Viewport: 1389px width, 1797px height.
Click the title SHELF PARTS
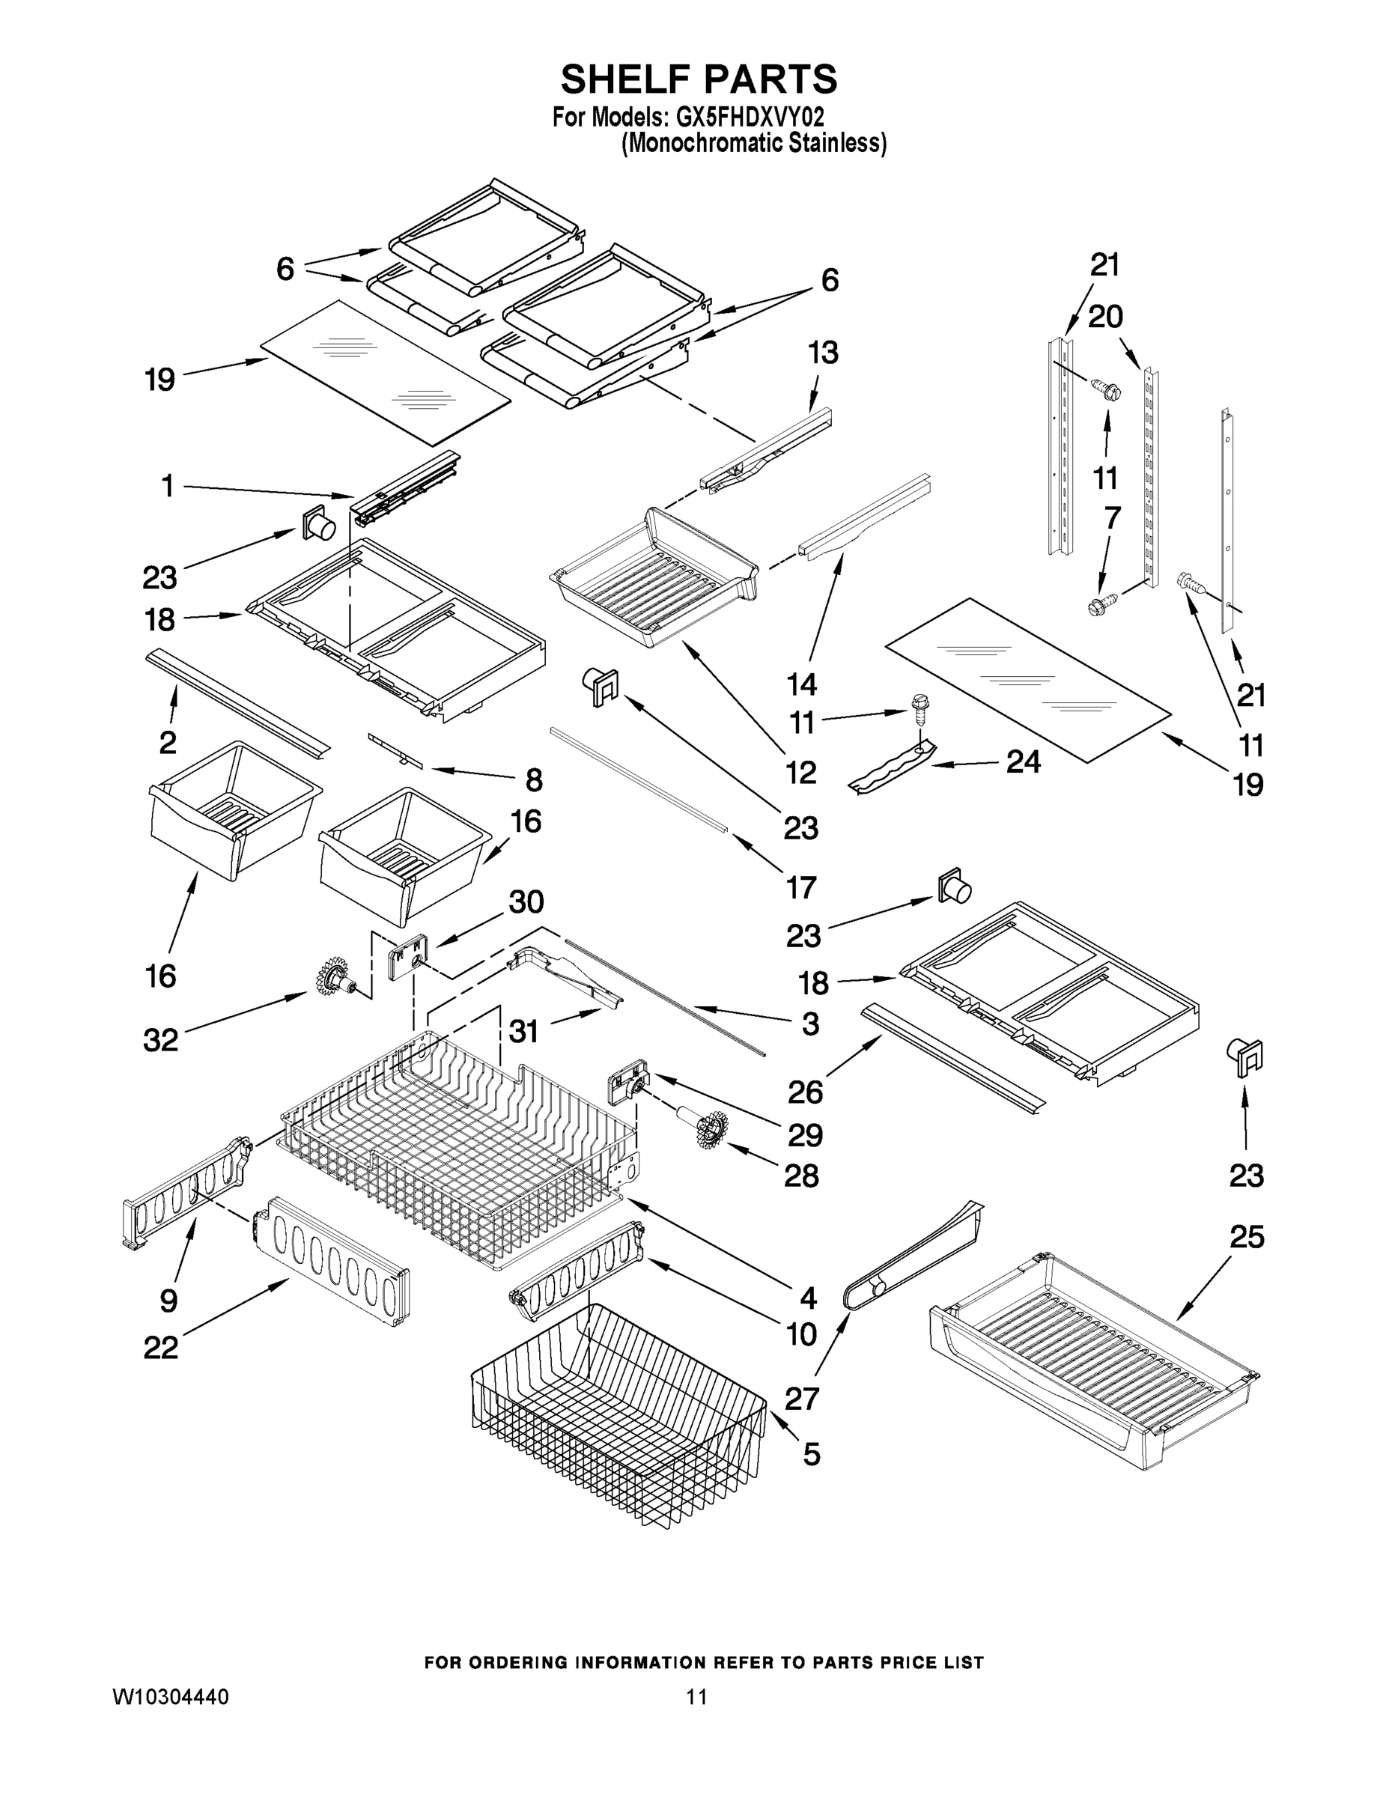coord(699,80)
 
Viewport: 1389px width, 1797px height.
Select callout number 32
coord(160,1040)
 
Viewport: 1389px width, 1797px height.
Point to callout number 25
coord(1246,1237)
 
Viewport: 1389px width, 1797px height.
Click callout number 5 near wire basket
coord(810,1454)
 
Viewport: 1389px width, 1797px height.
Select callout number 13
coord(822,352)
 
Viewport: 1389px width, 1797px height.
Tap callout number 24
coord(1023,762)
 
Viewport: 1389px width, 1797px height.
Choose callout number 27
coord(801,1398)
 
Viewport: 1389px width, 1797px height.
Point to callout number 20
coord(1105,316)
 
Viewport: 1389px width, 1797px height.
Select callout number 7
coord(1111,517)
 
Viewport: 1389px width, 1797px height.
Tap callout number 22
coord(160,1348)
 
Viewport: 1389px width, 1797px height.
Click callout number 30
coord(526,901)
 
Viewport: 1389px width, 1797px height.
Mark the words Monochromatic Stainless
coord(754,143)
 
